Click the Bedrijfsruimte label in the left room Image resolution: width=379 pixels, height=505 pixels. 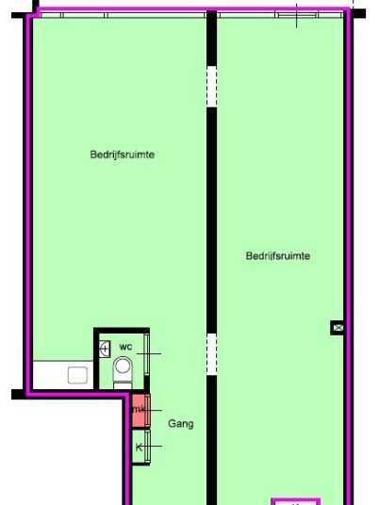click(x=123, y=155)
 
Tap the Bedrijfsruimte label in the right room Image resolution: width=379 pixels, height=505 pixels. click(x=278, y=256)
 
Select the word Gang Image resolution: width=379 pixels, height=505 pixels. click(x=181, y=424)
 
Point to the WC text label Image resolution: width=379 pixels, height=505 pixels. click(x=125, y=347)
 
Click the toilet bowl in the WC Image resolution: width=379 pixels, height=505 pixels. click(x=123, y=368)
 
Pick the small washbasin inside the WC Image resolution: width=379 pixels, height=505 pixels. click(x=105, y=349)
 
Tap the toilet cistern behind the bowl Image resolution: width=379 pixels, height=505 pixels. click(x=123, y=385)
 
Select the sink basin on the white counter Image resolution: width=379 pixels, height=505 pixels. click(x=77, y=375)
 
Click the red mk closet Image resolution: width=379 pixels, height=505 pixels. click(x=140, y=410)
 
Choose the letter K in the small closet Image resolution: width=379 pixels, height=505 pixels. click(x=139, y=447)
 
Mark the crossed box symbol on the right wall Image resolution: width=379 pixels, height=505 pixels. click(x=337, y=328)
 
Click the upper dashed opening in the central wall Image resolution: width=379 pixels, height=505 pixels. click(x=211, y=87)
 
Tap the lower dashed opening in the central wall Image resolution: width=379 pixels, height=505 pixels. click(x=211, y=354)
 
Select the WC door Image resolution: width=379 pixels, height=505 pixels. click(x=147, y=354)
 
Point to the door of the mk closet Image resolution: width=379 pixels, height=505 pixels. click(x=148, y=411)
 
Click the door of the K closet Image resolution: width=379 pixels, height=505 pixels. click(x=148, y=447)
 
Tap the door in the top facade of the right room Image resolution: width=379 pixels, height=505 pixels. click(x=296, y=15)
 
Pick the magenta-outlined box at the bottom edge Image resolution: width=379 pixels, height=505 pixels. click(x=296, y=501)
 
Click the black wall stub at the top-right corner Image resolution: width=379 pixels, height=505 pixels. click(x=359, y=13)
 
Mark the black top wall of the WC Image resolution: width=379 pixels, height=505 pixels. click(x=122, y=331)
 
